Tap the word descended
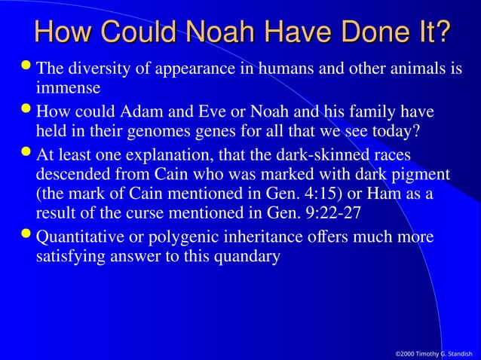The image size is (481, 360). pyautogui.click(x=74, y=175)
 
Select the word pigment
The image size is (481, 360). pyautogui.click(x=419, y=175)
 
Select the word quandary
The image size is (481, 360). pyautogui.click(x=249, y=255)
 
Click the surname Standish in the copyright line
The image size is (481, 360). pyautogui.click(x=455, y=352)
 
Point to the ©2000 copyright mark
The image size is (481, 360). pyautogui.click(x=406, y=352)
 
